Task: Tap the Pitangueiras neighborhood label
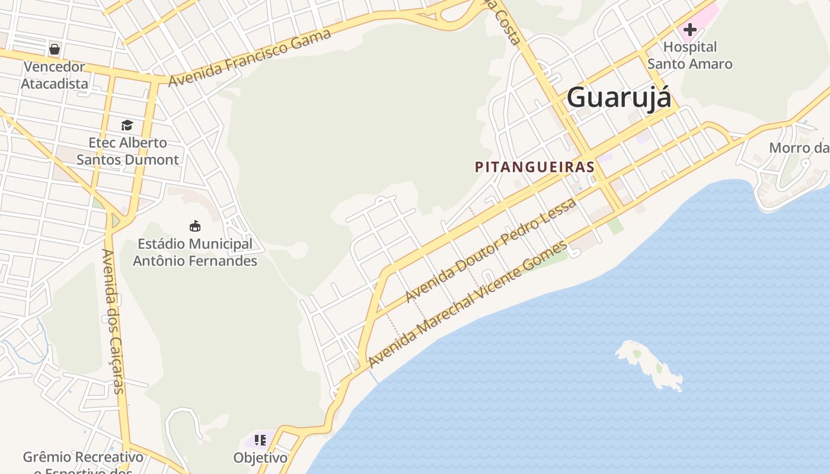click(534, 167)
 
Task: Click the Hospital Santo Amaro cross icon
click(689, 29)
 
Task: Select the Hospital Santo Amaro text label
click(689, 55)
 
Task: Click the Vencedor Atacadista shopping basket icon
click(55, 49)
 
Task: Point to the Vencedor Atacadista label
click(55, 75)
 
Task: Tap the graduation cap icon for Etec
click(127, 125)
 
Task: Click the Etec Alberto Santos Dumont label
click(127, 151)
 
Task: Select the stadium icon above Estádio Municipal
click(194, 226)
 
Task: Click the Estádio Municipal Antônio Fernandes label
click(194, 252)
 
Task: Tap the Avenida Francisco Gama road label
click(250, 57)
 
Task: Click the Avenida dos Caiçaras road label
click(113, 321)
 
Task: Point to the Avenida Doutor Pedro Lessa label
click(490, 251)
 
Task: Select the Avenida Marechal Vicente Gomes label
click(467, 304)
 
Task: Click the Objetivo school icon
click(260, 440)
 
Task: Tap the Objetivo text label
click(260, 458)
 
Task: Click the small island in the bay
click(649, 364)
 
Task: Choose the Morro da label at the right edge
click(799, 148)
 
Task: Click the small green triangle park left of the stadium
click(115, 221)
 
